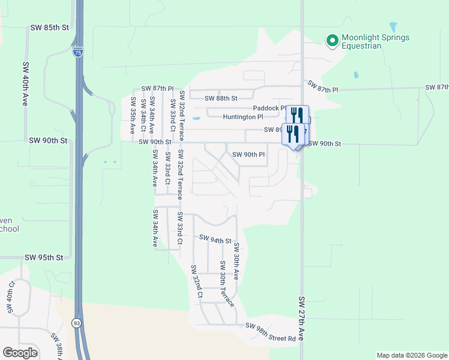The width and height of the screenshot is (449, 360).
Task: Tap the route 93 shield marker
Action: [78, 323]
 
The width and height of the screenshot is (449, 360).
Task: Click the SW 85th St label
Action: [50, 28]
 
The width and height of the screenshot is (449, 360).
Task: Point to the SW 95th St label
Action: [43, 257]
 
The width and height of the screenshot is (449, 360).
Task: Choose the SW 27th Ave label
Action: [302, 319]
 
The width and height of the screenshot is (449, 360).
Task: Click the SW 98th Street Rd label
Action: [271, 326]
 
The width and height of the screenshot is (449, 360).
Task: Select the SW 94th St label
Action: [215, 239]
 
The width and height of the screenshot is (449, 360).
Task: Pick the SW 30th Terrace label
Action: [226, 284]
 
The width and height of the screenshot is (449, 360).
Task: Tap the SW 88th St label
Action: [221, 98]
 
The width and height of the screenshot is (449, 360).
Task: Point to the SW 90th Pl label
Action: [249, 155]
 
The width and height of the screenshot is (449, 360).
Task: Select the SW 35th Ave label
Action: [133, 114]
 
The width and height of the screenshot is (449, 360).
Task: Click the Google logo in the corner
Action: [20, 353]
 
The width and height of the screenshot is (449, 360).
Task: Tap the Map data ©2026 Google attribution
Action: [412, 355]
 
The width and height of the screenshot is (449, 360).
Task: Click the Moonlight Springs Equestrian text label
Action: [375, 41]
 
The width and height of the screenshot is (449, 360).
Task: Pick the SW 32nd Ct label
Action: [196, 281]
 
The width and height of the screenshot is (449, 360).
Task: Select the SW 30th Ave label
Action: [237, 261]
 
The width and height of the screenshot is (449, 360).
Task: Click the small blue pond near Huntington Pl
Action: [196, 118]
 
